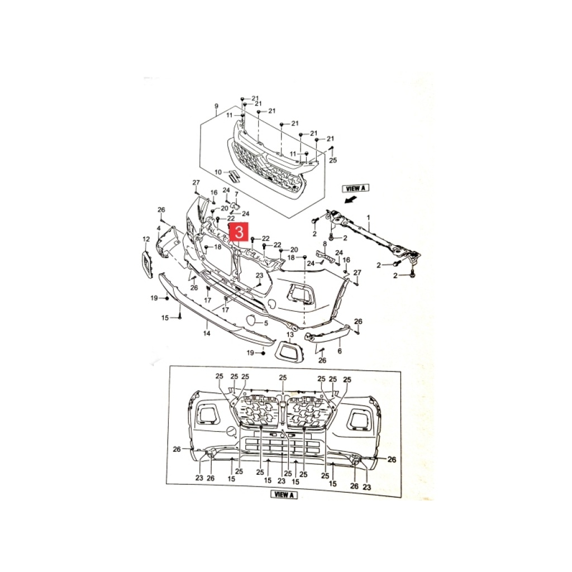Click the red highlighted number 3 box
click(x=239, y=232)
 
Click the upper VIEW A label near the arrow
click(x=356, y=188)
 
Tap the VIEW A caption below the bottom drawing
click(x=284, y=495)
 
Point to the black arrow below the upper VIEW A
click(x=351, y=199)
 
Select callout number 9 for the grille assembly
click(x=216, y=107)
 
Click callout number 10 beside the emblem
click(x=218, y=172)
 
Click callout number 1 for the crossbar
click(x=369, y=217)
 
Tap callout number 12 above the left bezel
click(x=146, y=239)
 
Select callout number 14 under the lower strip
click(x=207, y=333)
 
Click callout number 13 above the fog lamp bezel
click(x=290, y=335)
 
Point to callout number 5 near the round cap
click(x=266, y=323)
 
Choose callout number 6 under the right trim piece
click(x=340, y=351)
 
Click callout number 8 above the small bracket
click(x=325, y=244)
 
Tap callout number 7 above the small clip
click(x=236, y=194)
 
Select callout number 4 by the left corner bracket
click(x=159, y=228)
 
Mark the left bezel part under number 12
click(x=147, y=264)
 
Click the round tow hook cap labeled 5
click(x=251, y=320)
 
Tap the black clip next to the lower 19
click(x=263, y=353)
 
